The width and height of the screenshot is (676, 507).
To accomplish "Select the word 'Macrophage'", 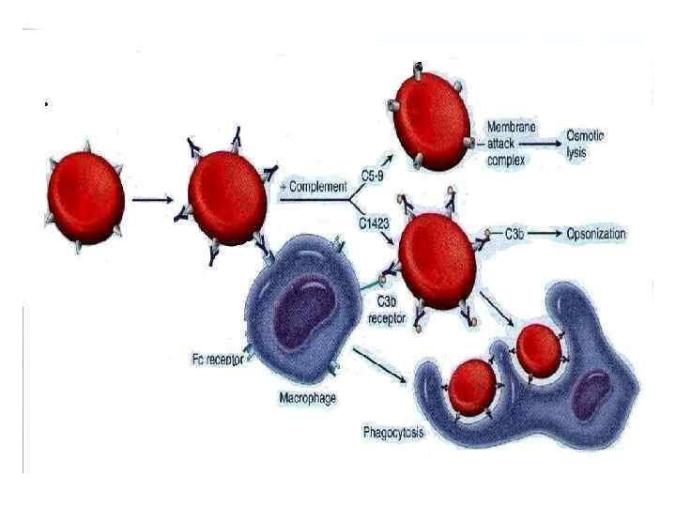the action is click(x=308, y=397).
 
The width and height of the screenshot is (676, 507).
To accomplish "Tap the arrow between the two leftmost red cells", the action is click(x=151, y=198).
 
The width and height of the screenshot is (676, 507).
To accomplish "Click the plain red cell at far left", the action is click(x=84, y=198).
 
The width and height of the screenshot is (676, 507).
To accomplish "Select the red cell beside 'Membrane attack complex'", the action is click(x=430, y=115).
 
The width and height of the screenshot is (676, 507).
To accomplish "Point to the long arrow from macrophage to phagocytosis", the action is click(x=380, y=366).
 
